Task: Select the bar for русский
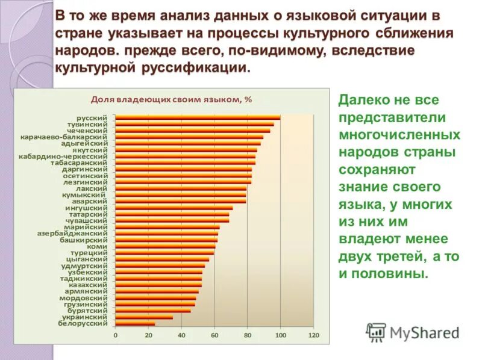(197, 117)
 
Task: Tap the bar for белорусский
(135, 323)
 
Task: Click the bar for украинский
(144, 317)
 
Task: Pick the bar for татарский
(172, 214)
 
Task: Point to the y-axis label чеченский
(89, 130)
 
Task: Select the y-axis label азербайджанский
(72, 233)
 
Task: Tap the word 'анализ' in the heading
(201, 16)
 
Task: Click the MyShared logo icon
(376, 332)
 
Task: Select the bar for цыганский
(162, 259)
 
